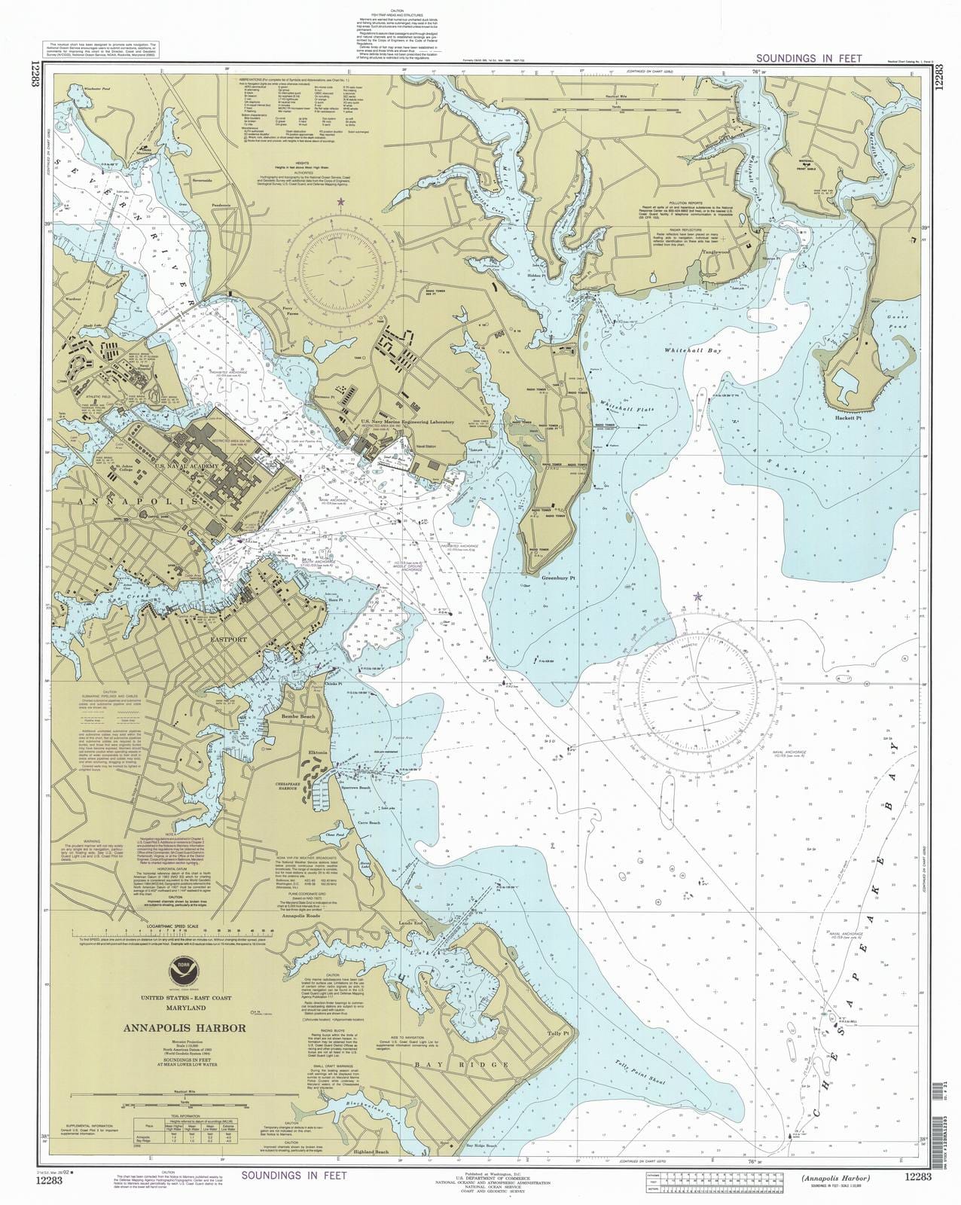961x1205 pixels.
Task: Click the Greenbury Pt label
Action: (x=558, y=578)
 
